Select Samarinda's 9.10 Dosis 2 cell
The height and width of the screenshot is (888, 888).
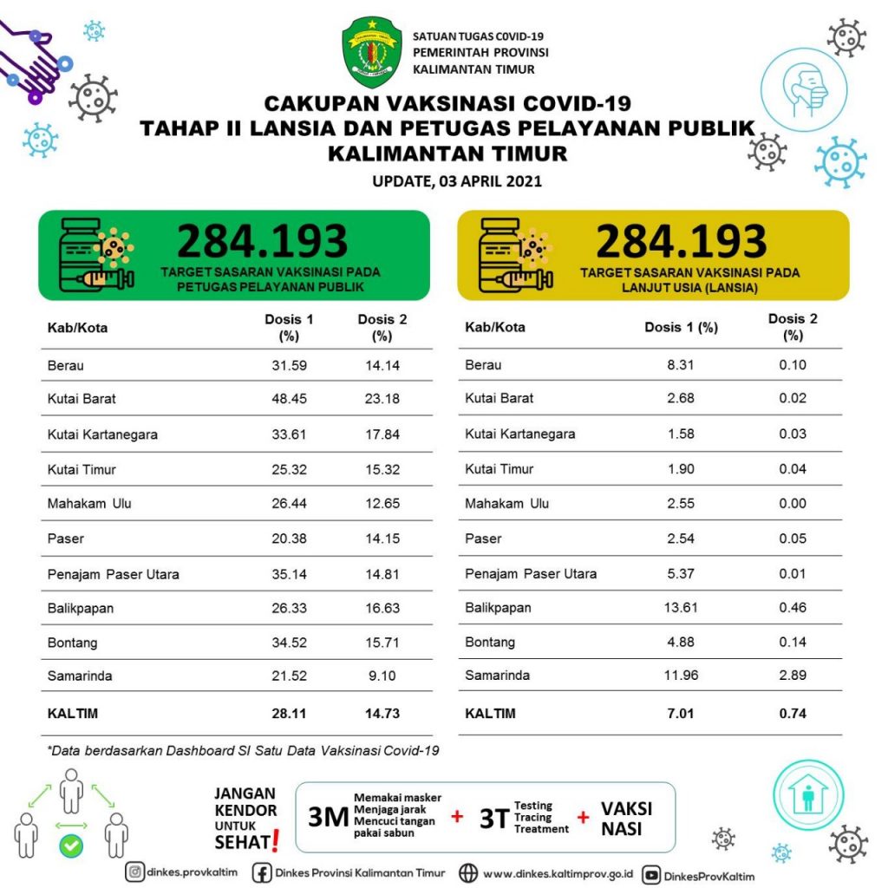click(x=382, y=676)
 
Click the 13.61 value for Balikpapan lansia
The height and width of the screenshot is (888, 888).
click(x=681, y=608)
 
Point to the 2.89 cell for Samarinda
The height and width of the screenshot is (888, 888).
click(x=792, y=675)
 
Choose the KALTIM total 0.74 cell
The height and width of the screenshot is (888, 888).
click(x=792, y=714)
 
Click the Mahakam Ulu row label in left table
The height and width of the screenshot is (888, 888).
click(x=89, y=503)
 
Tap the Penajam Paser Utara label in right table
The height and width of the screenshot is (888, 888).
click(x=531, y=573)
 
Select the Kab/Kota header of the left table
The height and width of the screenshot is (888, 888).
click(x=77, y=328)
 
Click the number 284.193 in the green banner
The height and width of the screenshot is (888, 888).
click(x=262, y=242)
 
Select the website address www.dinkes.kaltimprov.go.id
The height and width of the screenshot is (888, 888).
click(x=557, y=873)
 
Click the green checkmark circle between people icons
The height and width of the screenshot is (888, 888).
click(x=72, y=845)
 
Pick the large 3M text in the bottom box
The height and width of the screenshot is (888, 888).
click(x=328, y=817)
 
